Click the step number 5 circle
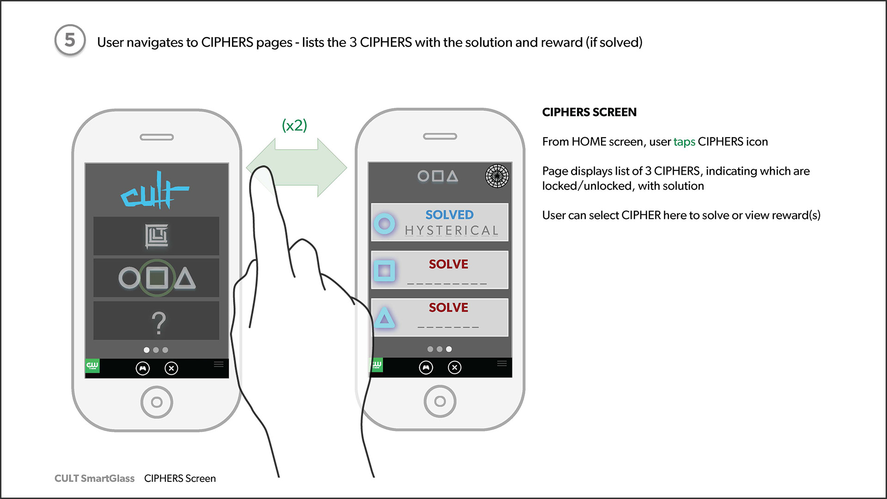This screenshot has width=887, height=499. click(70, 40)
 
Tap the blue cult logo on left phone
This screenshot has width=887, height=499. click(155, 191)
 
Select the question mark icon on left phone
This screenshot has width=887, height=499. click(158, 323)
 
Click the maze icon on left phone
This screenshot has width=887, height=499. click(157, 236)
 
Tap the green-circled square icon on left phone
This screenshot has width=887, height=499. click(157, 278)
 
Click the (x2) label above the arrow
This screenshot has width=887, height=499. click(294, 125)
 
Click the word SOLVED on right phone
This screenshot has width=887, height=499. click(449, 215)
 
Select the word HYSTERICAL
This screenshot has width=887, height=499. click(451, 231)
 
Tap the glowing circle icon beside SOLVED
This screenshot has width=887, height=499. click(384, 224)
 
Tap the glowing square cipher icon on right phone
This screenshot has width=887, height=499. click(384, 270)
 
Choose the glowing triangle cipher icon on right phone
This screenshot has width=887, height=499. click(384, 318)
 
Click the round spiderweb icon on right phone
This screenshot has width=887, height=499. click(497, 176)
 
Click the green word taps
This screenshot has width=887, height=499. click(684, 142)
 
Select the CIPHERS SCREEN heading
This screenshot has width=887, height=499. click(589, 112)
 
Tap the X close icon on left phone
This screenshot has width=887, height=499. click(171, 368)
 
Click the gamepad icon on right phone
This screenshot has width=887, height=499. click(426, 367)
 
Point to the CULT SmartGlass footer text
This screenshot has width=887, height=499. click(94, 478)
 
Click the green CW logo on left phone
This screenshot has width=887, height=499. click(92, 366)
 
